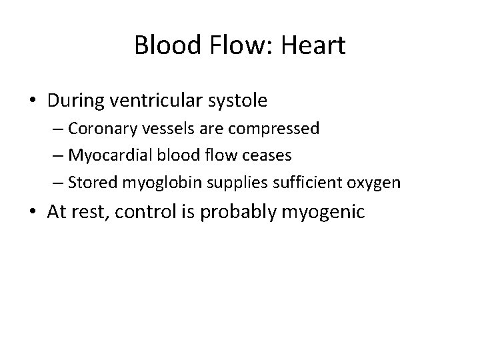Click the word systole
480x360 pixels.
click(238, 101)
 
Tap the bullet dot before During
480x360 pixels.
click(33, 101)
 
